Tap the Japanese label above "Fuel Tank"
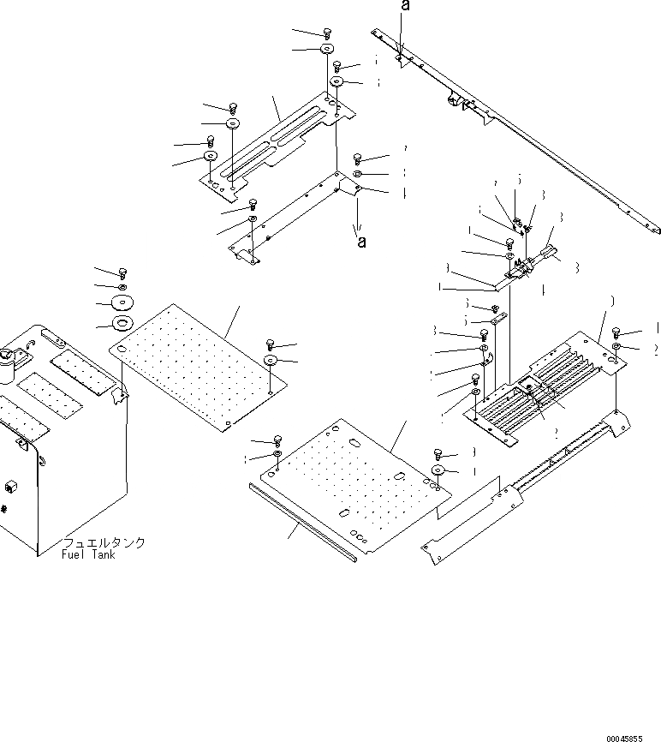coord(103,543)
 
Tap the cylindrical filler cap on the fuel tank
coord(9,366)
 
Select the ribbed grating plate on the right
coord(548,386)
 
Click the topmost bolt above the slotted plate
coord(328,33)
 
